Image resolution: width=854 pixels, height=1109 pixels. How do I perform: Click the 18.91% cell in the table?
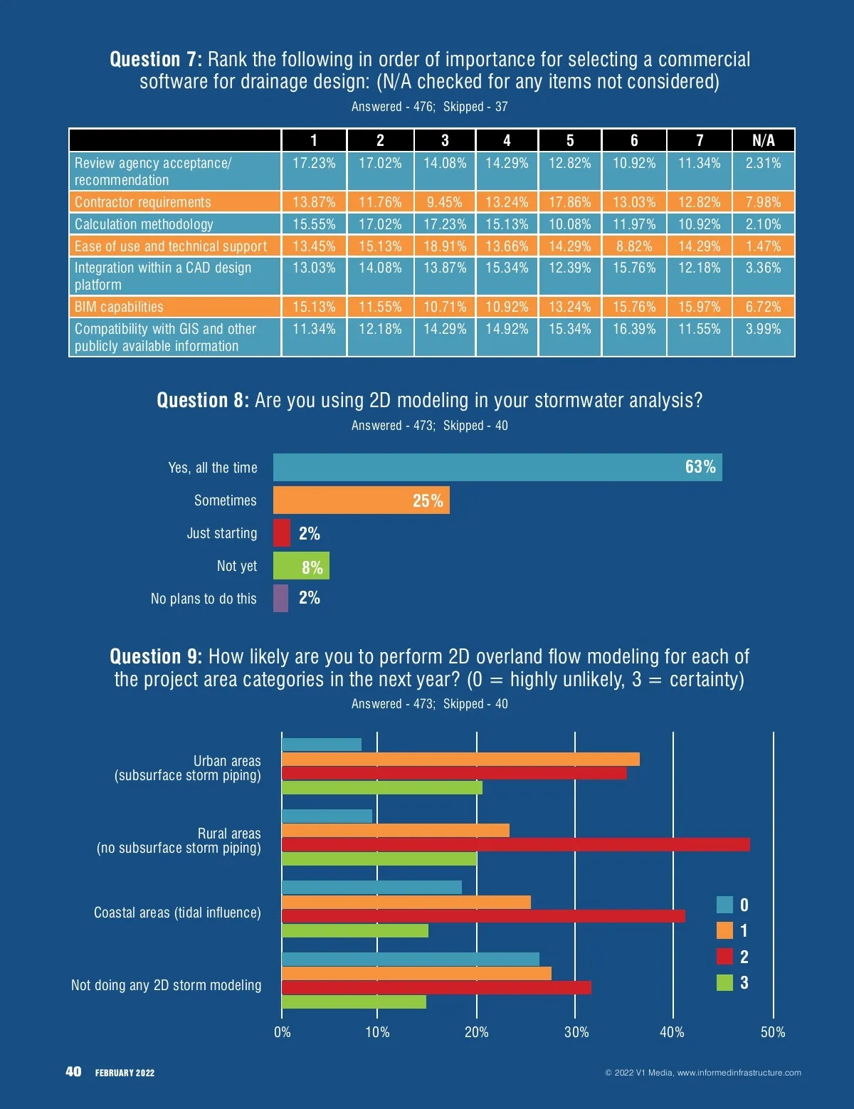[445, 246]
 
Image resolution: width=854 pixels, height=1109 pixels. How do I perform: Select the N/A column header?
[763, 140]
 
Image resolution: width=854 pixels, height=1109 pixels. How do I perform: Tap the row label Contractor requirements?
[143, 202]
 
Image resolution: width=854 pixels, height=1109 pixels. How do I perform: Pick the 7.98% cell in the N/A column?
[763, 202]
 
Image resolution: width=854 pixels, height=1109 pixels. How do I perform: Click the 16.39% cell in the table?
[634, 329]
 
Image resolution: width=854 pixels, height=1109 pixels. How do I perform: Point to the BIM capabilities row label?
[119, 307]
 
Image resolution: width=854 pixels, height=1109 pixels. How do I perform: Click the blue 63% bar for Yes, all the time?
[497, 468]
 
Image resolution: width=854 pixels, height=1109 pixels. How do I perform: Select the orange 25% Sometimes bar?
[361, 500]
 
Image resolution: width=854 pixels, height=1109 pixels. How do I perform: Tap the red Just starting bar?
[282, 533]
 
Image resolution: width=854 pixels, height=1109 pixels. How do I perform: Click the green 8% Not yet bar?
[301, 566]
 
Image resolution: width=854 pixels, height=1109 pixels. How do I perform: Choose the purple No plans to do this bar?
[281, 599]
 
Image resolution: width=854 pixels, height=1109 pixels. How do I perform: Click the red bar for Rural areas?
[515, 845]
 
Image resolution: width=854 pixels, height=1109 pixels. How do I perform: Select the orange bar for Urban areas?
[460, 760]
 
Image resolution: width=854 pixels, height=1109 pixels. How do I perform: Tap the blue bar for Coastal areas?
[371, 888]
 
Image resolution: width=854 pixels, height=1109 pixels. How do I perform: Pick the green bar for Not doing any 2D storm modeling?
[354, 1002]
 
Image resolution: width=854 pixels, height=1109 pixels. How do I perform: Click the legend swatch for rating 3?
[724, 983]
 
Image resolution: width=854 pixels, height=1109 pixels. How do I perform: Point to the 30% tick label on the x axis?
[576, 1032]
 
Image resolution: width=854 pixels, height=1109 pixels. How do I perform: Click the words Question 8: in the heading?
[203, 401]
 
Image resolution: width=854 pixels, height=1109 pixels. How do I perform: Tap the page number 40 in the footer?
[73, 1072]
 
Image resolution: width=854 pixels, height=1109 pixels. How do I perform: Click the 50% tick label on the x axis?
[773, 1032]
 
